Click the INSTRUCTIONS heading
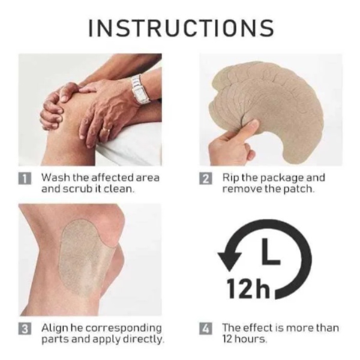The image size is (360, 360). tap(181, 28)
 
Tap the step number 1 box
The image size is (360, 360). tap(25, 179)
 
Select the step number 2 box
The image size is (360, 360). tap(206, 179)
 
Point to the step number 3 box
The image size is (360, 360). tap(25, 329)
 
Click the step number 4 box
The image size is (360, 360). tap(206, 329)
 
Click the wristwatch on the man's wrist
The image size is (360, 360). tap(140, 89)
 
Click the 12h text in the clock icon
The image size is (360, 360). tap(248, 289)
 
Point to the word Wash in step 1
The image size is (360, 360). tap(56, 178)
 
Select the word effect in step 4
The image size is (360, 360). tap(257, 328)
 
